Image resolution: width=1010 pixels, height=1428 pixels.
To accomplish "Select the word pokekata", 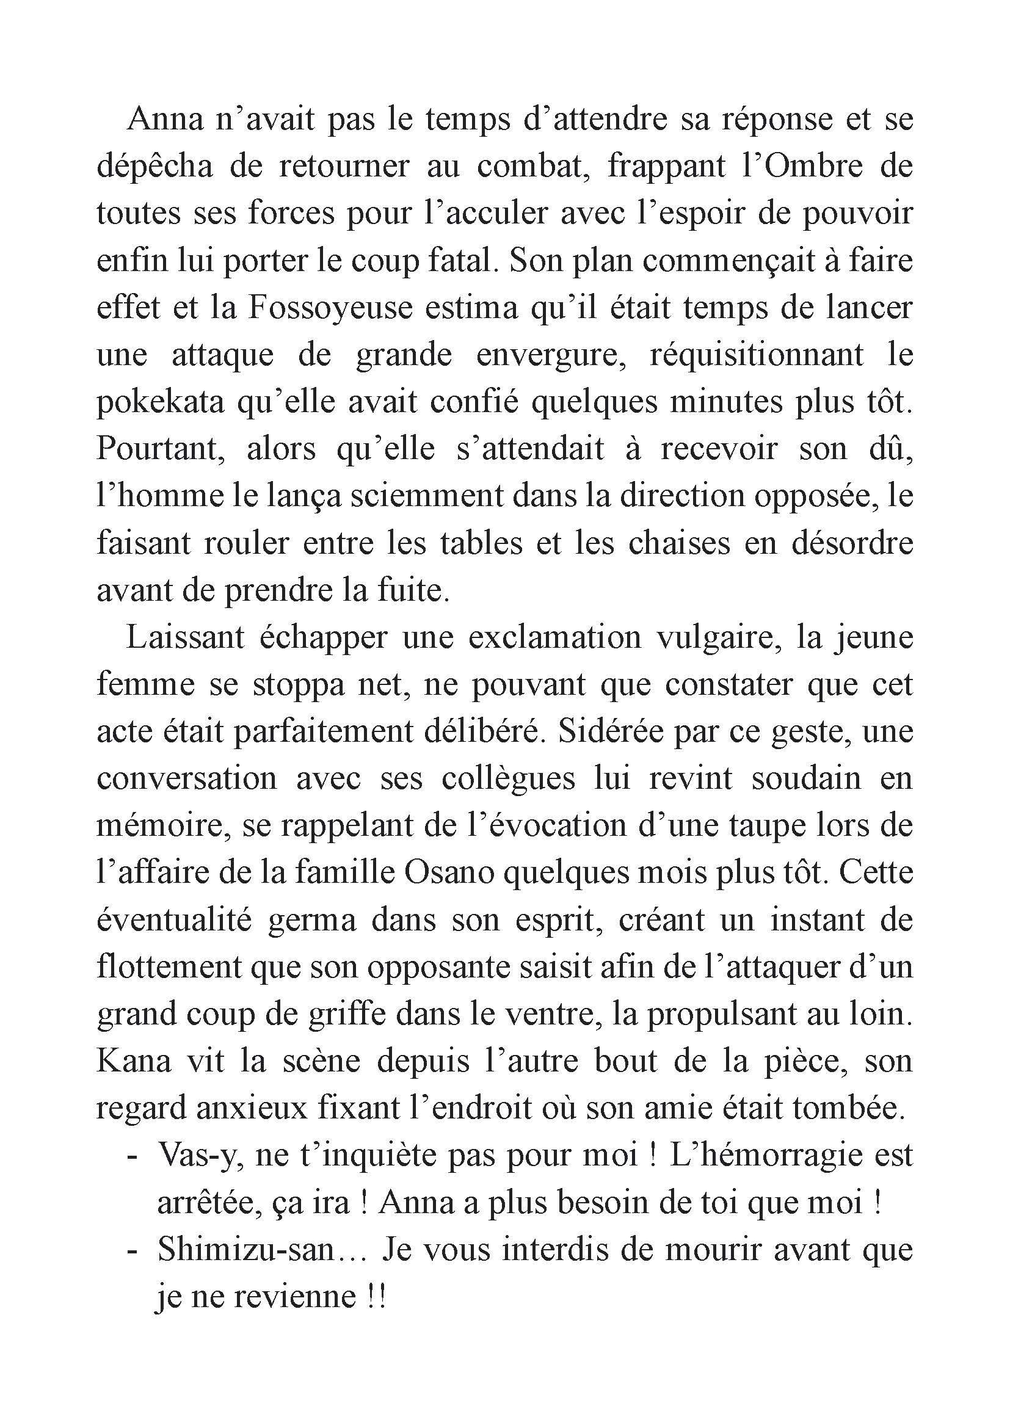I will click(160, 403).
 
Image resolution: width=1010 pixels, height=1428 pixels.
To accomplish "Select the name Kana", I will click(134, 1062).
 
